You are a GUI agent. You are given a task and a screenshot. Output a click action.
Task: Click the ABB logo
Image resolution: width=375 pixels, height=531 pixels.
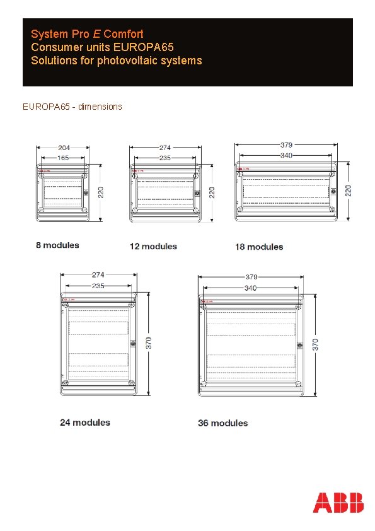(x=338, y=503)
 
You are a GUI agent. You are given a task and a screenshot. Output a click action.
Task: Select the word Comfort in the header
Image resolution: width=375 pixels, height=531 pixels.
(x=124, y=34)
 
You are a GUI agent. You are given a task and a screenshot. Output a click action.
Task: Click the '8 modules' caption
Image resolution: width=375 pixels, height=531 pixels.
(x=57, y=245)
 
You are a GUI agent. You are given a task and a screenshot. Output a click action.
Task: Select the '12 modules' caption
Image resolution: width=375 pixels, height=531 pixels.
(x=153, y=246)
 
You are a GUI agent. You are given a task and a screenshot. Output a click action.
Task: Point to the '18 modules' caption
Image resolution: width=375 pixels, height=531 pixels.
(x=259, y=247)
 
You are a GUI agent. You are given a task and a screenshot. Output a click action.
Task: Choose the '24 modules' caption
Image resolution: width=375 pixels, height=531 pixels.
(x=85, y=422)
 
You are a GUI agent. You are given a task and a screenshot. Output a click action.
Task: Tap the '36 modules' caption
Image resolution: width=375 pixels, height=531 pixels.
(x=223, y=423)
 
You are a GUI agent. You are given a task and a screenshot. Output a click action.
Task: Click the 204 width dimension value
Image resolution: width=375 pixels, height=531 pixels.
(x=64, y=148)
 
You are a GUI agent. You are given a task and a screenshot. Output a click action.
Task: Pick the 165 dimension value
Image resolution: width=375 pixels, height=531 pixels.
(x=63, y=158)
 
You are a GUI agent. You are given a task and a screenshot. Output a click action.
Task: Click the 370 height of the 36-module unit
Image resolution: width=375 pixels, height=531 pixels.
(x=316, y=344)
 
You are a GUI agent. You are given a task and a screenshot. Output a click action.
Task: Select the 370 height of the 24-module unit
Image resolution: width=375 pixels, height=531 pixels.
(x=148, y=343)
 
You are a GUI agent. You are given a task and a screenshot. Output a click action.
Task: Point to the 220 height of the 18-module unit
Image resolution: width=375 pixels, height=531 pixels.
(x=349, y=189)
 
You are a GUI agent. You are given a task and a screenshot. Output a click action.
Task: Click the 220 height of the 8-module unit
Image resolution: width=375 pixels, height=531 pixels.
(x=101, y=190)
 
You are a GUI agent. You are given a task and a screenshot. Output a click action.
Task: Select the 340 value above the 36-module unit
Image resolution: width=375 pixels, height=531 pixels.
(x=251, y=289)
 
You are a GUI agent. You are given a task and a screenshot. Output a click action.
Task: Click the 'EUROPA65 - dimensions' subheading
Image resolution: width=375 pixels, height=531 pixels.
(x=72, y=107)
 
